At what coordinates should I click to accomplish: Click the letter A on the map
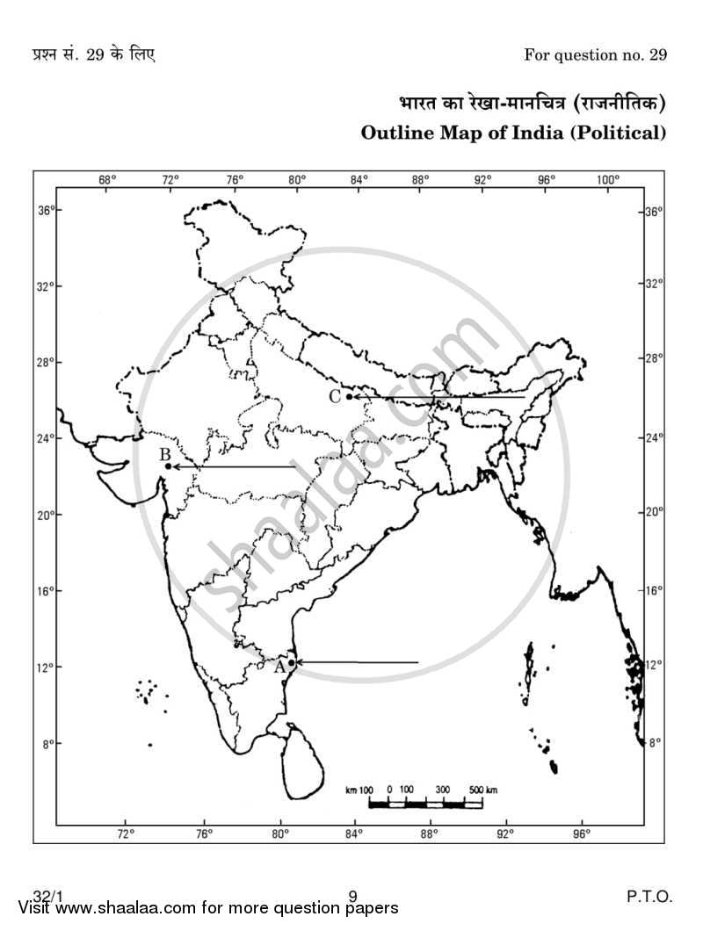click(x=280, y=666)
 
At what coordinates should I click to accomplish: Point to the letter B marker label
click(x=164, y=455)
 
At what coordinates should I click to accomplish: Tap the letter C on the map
click(x=335, y=396)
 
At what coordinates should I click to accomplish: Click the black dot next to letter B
click(x=168, y=466)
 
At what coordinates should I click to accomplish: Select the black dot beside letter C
click(x=349, y=396)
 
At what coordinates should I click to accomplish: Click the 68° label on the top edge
click(x=107, y=180)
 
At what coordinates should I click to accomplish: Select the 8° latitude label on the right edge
click(x=653, y=743)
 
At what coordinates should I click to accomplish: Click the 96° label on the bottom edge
click(x=582, y=833)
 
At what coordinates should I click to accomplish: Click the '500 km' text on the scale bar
click(x=482, y=790)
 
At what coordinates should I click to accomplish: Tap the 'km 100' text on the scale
click(x=360, y=790)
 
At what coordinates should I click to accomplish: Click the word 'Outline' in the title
click(x=395, y=134)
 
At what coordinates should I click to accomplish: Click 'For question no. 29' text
click(x=595, y=55)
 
